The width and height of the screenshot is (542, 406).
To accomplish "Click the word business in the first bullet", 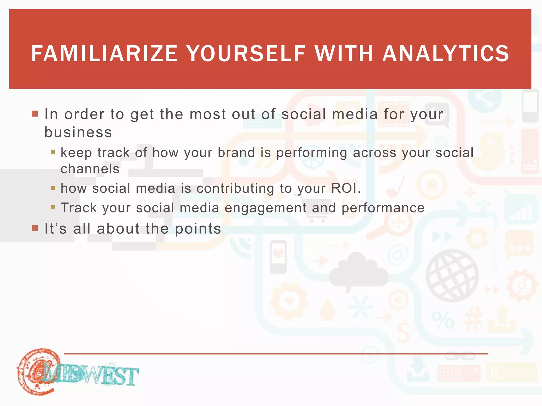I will tap(78, 132).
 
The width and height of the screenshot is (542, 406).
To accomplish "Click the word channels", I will tap(90, 169).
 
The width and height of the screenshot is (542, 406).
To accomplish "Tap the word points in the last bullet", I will tap(198, 228).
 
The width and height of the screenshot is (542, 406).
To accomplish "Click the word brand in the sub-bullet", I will tap(236, 153).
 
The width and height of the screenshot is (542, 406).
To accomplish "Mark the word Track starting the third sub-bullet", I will tap(79, 208).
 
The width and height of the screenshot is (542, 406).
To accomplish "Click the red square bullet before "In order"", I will tap(35, 114).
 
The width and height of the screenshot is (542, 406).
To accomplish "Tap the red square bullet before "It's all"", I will tap(35, 228).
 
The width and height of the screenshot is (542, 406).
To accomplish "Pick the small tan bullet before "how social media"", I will tap(53, 188).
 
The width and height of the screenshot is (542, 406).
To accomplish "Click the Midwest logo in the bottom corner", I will tap(77, 373).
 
